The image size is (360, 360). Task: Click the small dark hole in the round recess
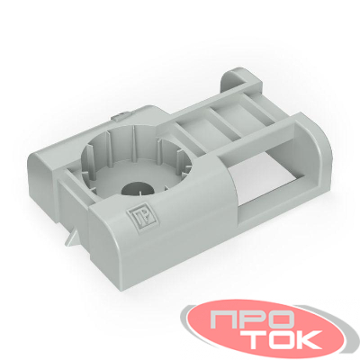[x=137, y=189]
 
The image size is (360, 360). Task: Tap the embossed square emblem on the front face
[x=138, y=217]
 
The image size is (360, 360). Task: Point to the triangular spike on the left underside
[x=71, y=238]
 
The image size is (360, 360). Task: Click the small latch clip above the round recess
[x=121, y=115]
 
